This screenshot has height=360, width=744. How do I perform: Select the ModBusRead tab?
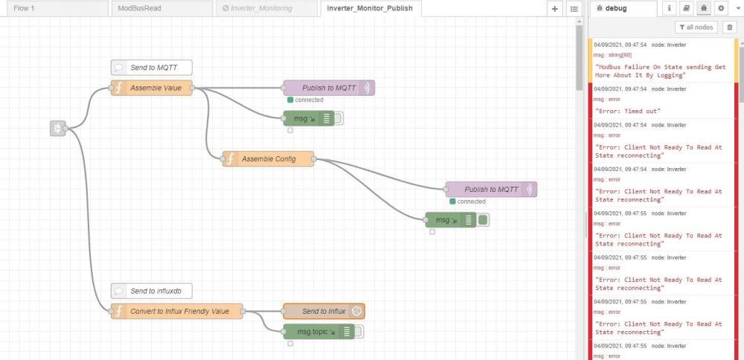click(161, 8)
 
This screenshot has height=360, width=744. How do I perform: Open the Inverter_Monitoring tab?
click(266, 8)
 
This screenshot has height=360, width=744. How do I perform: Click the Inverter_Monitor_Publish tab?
click(370, 8)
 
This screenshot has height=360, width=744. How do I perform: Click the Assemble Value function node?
click(152, 88)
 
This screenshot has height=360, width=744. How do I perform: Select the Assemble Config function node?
click(268, 159)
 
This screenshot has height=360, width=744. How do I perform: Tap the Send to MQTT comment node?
click(151, 68)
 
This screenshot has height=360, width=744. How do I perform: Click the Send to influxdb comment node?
click(153, 292)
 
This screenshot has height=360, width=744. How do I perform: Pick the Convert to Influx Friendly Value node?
click(177, 311)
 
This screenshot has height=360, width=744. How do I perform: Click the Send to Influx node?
click(324, 311)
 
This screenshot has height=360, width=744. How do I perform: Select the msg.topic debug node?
click(319, 332)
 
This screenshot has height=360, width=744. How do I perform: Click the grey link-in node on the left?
click(58, 128)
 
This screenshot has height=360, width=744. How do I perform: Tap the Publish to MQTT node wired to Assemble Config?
click(491, 189)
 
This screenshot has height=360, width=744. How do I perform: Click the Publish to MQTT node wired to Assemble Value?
click(329, 88)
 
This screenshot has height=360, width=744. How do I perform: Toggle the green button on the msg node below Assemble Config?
click(483, 220)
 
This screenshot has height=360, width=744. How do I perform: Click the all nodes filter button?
click(696, 28)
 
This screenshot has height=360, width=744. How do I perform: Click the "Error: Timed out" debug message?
click(628, 111)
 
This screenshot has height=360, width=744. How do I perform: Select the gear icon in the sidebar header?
click(721, 8)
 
